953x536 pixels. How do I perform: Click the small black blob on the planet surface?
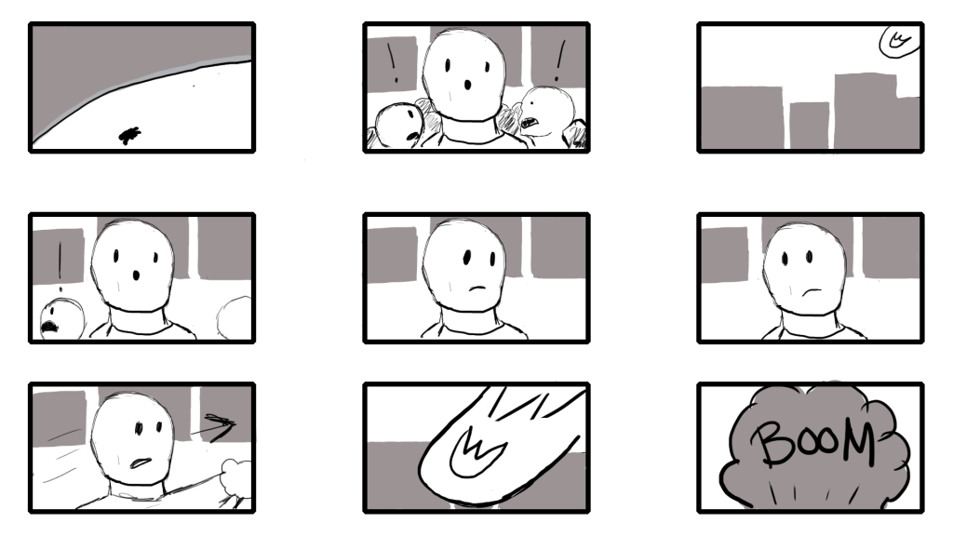(129, 136)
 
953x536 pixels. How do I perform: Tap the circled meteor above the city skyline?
(899, 41)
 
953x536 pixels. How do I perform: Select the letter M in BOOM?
(855, 441)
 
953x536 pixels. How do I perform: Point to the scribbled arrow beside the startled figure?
(213, 426)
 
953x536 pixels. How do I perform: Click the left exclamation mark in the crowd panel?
(393, 62)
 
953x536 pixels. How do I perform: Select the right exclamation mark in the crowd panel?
(559, 61)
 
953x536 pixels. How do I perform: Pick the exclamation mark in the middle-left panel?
(60, 267)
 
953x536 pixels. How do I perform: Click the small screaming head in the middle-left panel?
(61, 319)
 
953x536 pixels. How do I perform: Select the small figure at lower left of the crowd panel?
(397, 126)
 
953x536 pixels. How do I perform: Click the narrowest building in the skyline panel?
(809, 126)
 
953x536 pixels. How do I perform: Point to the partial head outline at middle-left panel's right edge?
(235, 317)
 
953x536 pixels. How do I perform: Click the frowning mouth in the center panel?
(478, 288)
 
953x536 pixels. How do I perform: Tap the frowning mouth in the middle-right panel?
(811, 291)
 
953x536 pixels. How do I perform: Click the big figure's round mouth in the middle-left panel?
(136, 275)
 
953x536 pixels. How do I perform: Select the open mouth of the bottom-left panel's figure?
(141, 463)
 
